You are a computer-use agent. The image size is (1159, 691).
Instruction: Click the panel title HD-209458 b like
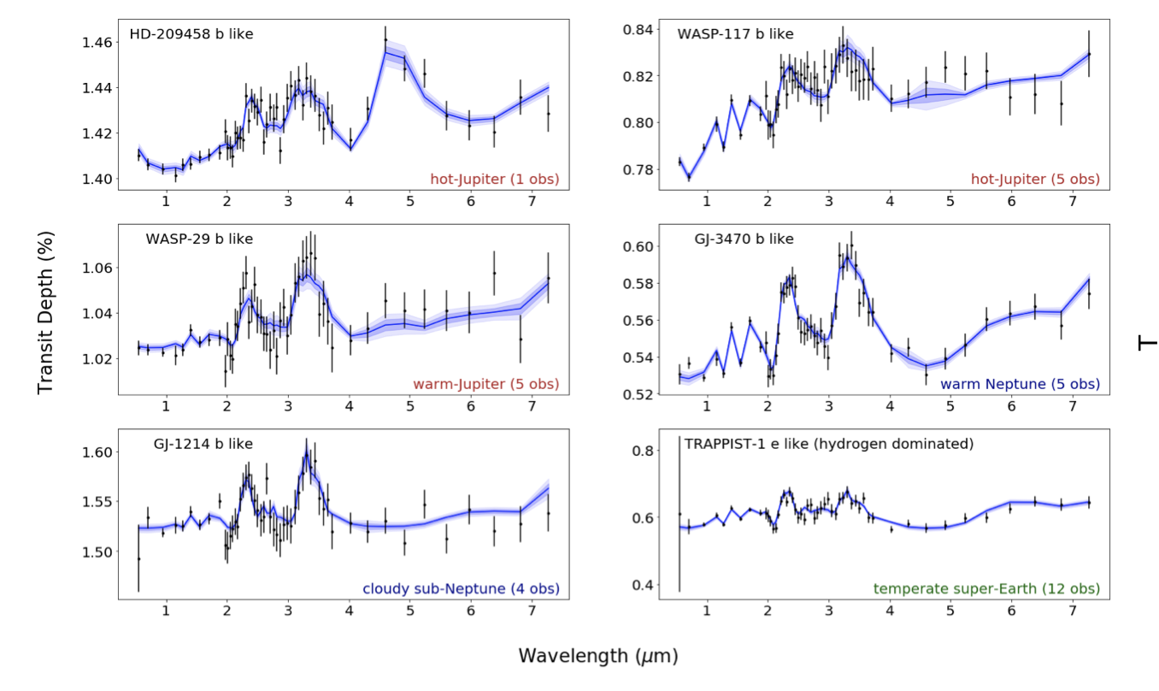pyautogui.click(x=191, y=35)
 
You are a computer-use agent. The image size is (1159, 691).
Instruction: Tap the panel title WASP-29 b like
pyautogui.click(x=199, y=239)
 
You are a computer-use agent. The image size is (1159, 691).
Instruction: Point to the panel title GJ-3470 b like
pyautogui.click(x=744, y=239)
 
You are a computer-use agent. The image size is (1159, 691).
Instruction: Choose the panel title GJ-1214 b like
pyautogui.click(x=203, y=444)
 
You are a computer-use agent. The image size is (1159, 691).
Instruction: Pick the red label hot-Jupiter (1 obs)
pyautogui.click(x=494, y=180)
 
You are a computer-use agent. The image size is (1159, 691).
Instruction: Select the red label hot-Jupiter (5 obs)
pyautogui.click(x=1035, y=180)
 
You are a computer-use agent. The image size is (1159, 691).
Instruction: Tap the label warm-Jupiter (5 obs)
pyautogui.click(x=485, y=384)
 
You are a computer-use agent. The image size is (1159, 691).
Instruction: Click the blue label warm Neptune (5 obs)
pyautogui.click(x=1020, y=384)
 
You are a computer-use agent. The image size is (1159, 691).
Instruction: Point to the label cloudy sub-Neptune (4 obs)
pyautogui.click(x=461, y=588)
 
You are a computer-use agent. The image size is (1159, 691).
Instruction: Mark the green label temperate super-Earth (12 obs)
pyautogui.click(x=986, y=588)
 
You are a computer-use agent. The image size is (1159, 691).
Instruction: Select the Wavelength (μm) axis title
pyautogui.click(x=597, y=656)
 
